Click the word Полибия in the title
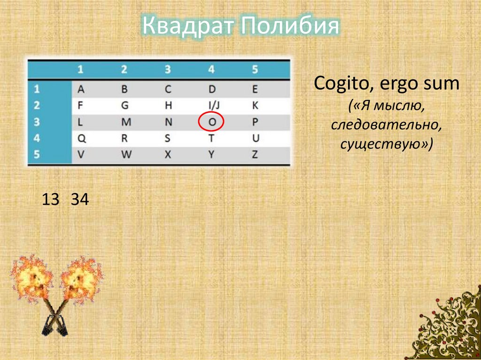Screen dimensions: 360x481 (289, 26)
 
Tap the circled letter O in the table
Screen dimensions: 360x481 (211, 122)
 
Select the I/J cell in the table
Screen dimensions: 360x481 (211, 106)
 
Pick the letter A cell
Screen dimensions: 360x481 (81, 89)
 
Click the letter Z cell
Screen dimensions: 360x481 (255, 155)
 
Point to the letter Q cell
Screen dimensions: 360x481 (81, 138)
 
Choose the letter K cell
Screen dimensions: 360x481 (255, 106)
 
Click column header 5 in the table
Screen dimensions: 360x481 (255, 69)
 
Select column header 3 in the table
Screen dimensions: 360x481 (168, 69)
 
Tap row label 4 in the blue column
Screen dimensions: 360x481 (38, 138)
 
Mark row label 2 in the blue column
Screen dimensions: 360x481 (38, 106)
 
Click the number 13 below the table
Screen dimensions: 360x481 (50, 200)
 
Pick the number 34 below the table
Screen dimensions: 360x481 (80, 200)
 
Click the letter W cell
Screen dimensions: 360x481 (124, 155)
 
